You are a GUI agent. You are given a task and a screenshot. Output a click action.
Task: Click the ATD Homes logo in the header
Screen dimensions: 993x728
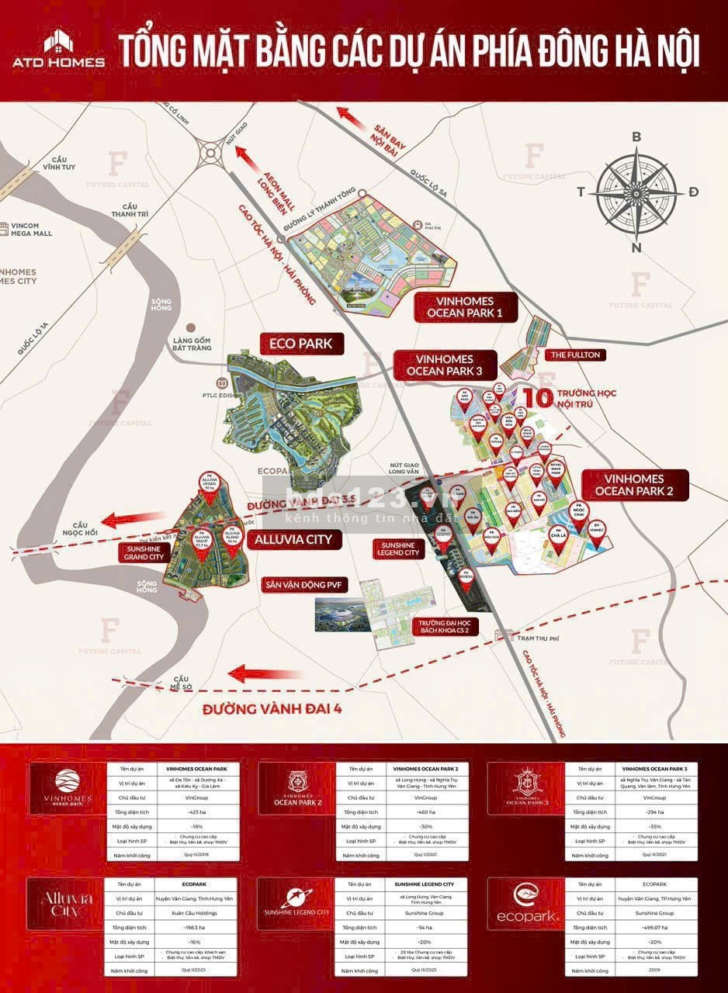coord(58,50)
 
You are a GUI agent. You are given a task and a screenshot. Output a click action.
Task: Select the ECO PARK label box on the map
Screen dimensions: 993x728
coord(300,342)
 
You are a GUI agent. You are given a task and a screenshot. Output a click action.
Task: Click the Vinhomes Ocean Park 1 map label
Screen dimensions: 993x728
coord(464,307)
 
